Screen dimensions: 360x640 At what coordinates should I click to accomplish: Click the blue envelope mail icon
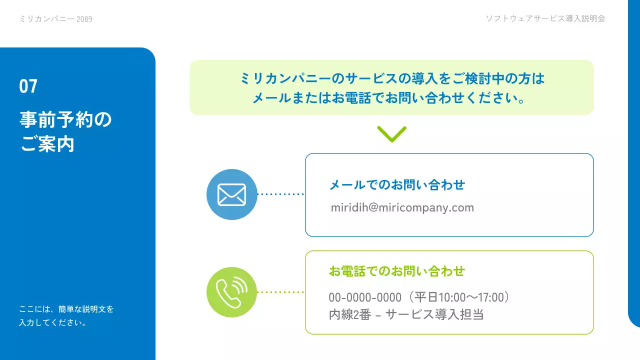pos(231,194)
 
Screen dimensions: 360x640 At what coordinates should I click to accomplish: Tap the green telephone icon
pos(231,292)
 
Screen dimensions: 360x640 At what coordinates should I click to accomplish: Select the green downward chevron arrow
pos(391,134)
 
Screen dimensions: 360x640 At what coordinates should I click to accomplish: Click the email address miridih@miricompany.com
pos(402,207)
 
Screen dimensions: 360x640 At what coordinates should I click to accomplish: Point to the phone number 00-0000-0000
pos(365,297)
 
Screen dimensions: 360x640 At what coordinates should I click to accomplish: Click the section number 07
pos(28,86)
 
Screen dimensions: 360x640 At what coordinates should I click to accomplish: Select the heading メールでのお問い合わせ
pos(397,185)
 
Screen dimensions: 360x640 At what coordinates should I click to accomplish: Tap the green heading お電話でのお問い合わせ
pos(397,271)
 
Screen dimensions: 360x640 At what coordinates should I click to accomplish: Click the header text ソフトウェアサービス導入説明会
pos(545,18)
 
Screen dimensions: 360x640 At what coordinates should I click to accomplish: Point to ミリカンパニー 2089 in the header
pos(55,19)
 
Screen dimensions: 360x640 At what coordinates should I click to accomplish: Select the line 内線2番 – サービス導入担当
pos(405,314)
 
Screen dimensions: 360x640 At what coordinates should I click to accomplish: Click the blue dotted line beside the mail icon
pos(280,194)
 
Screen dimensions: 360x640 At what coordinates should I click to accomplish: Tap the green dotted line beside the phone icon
pos(280,292)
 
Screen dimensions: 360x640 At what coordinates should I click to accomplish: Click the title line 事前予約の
pos(66,120)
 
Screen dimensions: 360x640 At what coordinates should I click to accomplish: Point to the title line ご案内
pos(47,144)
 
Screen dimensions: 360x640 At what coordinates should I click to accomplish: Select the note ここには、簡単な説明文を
pos(66,309)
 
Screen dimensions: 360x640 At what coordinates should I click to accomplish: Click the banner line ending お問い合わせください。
pos(388,98)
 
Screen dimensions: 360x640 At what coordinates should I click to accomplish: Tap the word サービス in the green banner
pos(370,78)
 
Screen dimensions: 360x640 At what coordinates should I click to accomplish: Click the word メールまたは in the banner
pos(284,98)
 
